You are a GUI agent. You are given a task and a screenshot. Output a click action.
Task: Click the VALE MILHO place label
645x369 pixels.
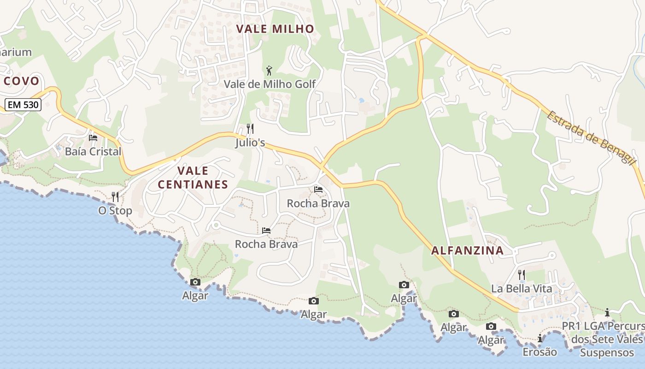pos(275,29)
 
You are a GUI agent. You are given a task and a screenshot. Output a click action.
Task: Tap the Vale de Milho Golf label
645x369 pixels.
pos(270,84)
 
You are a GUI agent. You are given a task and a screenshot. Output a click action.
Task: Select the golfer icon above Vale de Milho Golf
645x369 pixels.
pos(270,71)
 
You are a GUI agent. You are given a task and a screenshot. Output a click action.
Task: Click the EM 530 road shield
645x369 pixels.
pos(23,105)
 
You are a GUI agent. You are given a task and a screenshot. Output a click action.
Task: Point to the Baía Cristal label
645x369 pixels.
pos(93,151)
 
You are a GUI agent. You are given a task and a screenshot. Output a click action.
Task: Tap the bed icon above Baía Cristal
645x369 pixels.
pos(93,137)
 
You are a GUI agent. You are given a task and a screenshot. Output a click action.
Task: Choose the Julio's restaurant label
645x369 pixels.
pos(250,143)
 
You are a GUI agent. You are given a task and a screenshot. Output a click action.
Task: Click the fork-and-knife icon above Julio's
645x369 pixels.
pos(250,128)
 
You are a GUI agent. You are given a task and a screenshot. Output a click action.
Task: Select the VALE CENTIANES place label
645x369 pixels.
pos(193,178)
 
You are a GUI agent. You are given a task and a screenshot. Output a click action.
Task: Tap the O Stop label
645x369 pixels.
pos(115,211)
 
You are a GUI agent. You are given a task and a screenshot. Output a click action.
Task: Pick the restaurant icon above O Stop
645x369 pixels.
pos(115,197)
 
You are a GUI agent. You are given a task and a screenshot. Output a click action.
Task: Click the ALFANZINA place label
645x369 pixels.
pos(467,251)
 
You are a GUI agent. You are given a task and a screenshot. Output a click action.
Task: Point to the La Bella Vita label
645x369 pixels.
pos(522,289)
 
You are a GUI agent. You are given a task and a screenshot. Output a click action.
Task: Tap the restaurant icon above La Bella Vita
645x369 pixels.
pos(522,274)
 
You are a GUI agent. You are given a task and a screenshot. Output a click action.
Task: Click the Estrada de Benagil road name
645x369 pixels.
pos(592,137)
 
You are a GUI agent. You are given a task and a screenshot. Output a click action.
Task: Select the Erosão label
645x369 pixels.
pos(539,352)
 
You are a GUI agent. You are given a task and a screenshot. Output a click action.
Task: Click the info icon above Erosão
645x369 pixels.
pos(539,339)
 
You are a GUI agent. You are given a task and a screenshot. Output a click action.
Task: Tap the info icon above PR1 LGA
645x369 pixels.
pos(607,313)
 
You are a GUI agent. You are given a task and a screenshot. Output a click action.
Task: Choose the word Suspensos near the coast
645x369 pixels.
pos(607,353)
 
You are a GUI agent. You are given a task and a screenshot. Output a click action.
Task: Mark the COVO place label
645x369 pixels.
pos(21,81)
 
